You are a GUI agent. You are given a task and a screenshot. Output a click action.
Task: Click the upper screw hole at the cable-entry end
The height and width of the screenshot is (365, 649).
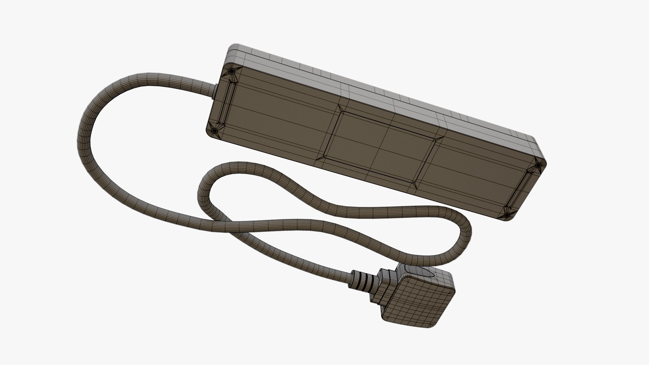231,72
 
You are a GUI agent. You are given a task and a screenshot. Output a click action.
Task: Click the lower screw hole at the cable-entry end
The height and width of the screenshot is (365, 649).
213,131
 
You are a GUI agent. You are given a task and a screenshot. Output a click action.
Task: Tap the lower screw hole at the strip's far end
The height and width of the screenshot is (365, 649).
507,215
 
